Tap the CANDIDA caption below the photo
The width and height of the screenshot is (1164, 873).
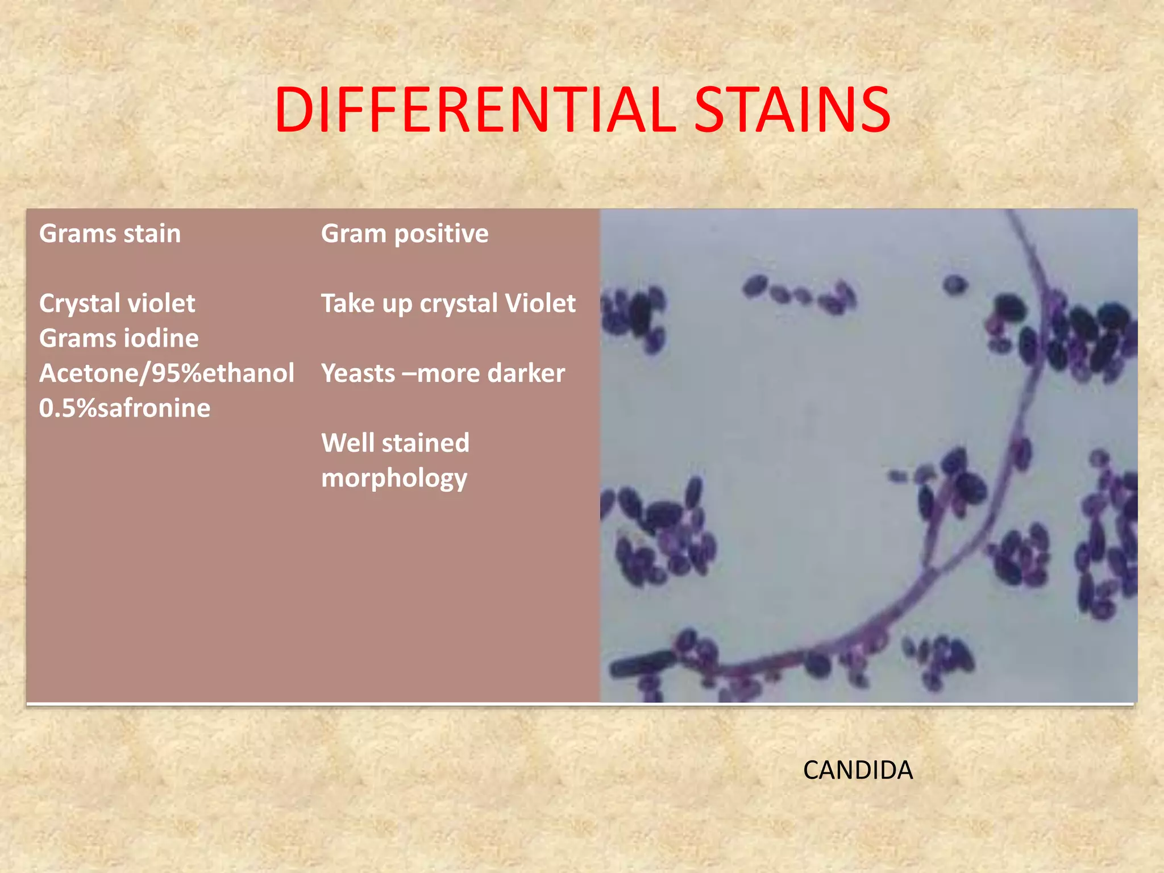[x=857, y=771]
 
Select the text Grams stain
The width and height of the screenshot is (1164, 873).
[x=110, y=234]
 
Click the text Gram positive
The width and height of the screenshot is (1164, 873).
[x=404, y=234]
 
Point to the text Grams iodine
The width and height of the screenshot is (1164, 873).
[x=119, y=338]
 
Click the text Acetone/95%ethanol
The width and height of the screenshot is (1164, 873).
[x=167, y=373]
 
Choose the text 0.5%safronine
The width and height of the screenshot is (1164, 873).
[x=124, y=408]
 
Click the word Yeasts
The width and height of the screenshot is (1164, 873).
[x=358, y=373]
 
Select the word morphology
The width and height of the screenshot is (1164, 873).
[x=394, y=479]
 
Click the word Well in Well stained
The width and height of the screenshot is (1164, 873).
[x=347, y=443]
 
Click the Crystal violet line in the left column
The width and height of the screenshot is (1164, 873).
[x=117, y=304]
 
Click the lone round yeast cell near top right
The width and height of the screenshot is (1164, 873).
[x=955, y=284]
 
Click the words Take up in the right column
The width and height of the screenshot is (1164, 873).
[x=366, y=304]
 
